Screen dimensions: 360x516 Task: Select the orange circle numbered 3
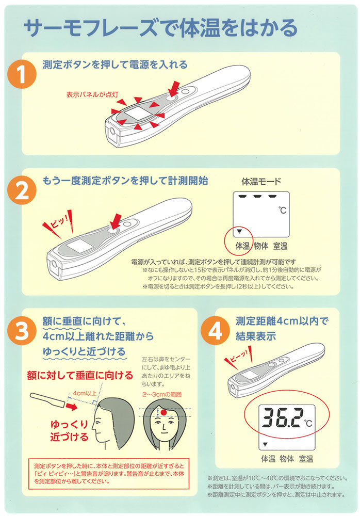click(22, 331)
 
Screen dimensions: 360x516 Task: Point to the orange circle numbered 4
click(215, 331)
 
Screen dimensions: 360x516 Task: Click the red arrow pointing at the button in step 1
click(174, 88)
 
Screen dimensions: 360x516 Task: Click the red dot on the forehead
click(163, 412)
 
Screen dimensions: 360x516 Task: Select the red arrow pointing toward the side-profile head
click(71, 407)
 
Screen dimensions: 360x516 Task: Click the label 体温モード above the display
click(261, 181)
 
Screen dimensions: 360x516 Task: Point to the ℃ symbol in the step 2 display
click(282, 209)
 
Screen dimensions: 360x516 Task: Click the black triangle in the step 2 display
click(239, 231)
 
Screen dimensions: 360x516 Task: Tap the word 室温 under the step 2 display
click(281, 246)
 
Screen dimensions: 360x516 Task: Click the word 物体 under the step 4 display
click(287, 459)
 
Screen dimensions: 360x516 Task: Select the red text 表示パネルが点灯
click(92, 95)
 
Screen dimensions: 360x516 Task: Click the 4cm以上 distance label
click(85, 393)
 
